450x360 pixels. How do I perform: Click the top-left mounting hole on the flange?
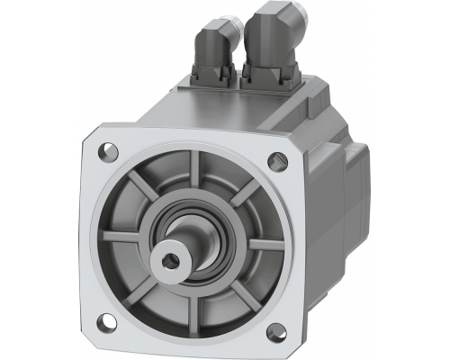(x=107, y=146)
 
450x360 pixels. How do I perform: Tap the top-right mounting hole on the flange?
(x=274, y=162)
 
